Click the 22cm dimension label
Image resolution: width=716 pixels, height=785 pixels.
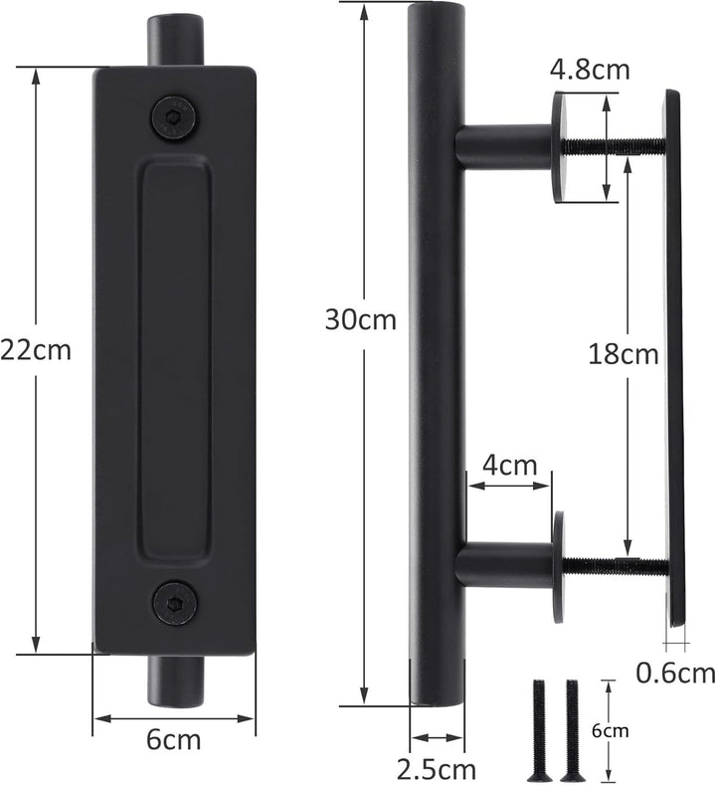(x=36, y=351)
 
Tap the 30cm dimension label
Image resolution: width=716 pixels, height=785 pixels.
(x=360, y=319)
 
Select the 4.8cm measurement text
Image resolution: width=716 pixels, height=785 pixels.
(x=590, y=72)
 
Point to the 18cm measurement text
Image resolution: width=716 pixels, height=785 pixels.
(x=622, y=352)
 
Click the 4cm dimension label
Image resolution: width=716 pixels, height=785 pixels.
(x=510, y=464)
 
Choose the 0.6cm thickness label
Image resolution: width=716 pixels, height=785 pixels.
(x=675, y=673)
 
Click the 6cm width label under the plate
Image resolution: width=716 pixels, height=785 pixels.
(x=175, y=739)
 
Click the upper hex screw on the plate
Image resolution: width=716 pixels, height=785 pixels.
(x=175, y=116)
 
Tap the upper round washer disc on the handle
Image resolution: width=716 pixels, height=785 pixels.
(x=559, y=146)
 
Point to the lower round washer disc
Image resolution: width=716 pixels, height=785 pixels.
(x=559, y=567)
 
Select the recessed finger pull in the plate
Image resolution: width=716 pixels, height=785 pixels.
(x=175, y=358)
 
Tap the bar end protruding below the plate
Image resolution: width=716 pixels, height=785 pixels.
(x=175, y=681)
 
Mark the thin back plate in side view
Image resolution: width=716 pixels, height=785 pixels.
(x=674, y=358)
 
